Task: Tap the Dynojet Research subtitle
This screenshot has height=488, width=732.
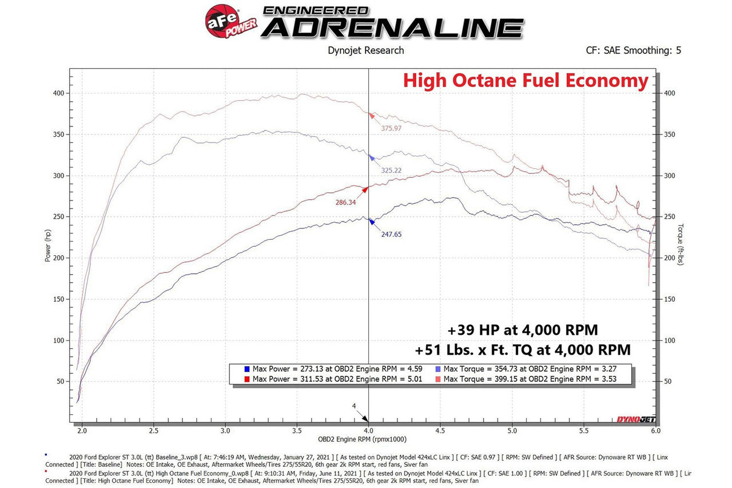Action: pyautogui.click(x=365, y=50)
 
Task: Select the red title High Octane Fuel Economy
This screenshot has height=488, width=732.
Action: pyautogui.click(x=526, y=81)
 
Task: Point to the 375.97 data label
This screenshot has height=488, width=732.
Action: pyautogui.click(x=392, y=129)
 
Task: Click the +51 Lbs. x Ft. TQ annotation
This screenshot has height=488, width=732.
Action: pyautogui.click(x=523, y=350)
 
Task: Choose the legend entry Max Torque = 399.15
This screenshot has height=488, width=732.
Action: pyautogui.click(x=530, y=379)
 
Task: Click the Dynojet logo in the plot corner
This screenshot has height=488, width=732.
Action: pyautogui.click(x=635, y=419)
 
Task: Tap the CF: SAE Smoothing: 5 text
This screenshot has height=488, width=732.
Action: pyautogui.click(x=634, y=50)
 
